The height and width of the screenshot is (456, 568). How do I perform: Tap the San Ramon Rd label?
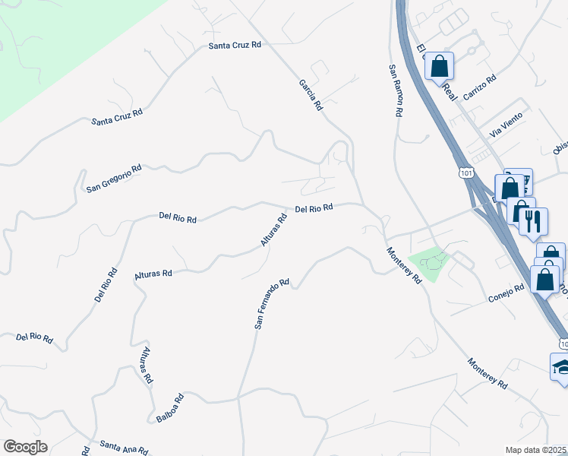(395, 90)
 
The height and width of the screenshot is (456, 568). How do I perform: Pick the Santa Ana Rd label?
(124, 448)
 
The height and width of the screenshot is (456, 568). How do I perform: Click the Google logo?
(25, 447)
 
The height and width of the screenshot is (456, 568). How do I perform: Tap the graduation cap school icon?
(562, 368)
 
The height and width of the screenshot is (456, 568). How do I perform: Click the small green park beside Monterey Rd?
(429, 263)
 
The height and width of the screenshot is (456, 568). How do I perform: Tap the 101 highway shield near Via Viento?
(465, 174)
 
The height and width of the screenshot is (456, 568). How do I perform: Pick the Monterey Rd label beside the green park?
(403, 266)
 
